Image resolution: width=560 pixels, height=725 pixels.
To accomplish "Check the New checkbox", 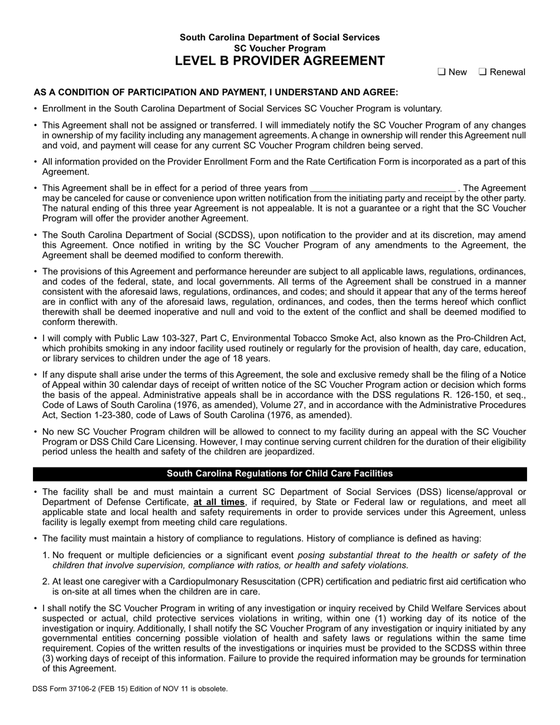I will click(441, 72).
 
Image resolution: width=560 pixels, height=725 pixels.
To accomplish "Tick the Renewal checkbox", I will click(482, 72).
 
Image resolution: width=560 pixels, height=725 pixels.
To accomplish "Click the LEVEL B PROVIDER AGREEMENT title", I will click(280, 61).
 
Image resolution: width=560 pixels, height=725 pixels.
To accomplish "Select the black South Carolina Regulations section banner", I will click(280, 474).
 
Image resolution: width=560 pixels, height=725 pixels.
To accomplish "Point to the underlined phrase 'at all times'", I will click(219, 502).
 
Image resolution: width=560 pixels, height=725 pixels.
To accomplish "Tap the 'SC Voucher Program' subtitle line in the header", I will click(280, 48).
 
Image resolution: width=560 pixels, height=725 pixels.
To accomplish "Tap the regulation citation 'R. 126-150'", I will click(459, 396).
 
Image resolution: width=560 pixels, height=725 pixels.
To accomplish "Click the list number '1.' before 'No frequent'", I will click(46, 555).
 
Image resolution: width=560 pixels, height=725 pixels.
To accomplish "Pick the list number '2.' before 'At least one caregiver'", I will click(46, 582).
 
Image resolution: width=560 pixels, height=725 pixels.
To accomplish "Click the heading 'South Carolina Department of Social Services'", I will click(280, 37).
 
